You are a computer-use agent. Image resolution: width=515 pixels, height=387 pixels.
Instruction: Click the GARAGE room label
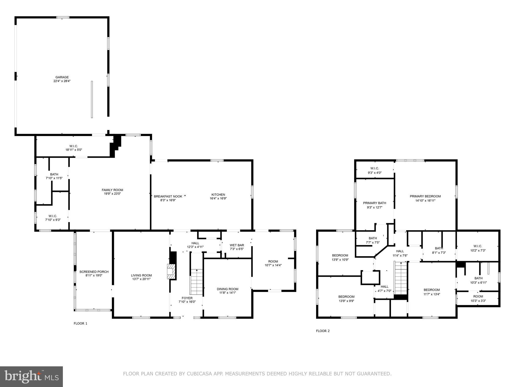62,77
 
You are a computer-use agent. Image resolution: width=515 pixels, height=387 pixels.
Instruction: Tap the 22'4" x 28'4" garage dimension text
62,81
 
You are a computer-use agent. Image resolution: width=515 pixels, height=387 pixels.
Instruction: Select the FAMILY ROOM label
112,190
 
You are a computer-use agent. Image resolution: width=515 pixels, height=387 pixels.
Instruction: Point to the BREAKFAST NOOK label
168,197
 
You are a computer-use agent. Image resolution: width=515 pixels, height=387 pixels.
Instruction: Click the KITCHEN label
218,195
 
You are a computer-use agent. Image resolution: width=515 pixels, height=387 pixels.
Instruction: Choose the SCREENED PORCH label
94,272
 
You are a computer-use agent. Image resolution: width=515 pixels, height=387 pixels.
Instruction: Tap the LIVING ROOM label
141,275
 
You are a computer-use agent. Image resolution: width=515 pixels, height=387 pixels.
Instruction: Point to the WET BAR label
237,245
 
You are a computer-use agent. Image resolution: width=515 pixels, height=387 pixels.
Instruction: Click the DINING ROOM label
228,289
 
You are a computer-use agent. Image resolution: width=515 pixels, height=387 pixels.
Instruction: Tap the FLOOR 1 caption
80,324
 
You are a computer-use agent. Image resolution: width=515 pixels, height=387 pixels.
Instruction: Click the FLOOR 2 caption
323,331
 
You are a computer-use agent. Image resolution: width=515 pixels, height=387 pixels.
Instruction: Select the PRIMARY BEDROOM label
425,196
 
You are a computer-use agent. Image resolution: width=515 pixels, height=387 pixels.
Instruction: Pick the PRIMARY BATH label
374,203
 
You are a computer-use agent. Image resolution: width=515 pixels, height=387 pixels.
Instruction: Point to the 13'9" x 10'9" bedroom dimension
340,260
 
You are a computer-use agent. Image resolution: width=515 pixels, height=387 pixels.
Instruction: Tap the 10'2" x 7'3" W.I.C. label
478,250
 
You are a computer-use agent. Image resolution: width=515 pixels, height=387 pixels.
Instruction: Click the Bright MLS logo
31,376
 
